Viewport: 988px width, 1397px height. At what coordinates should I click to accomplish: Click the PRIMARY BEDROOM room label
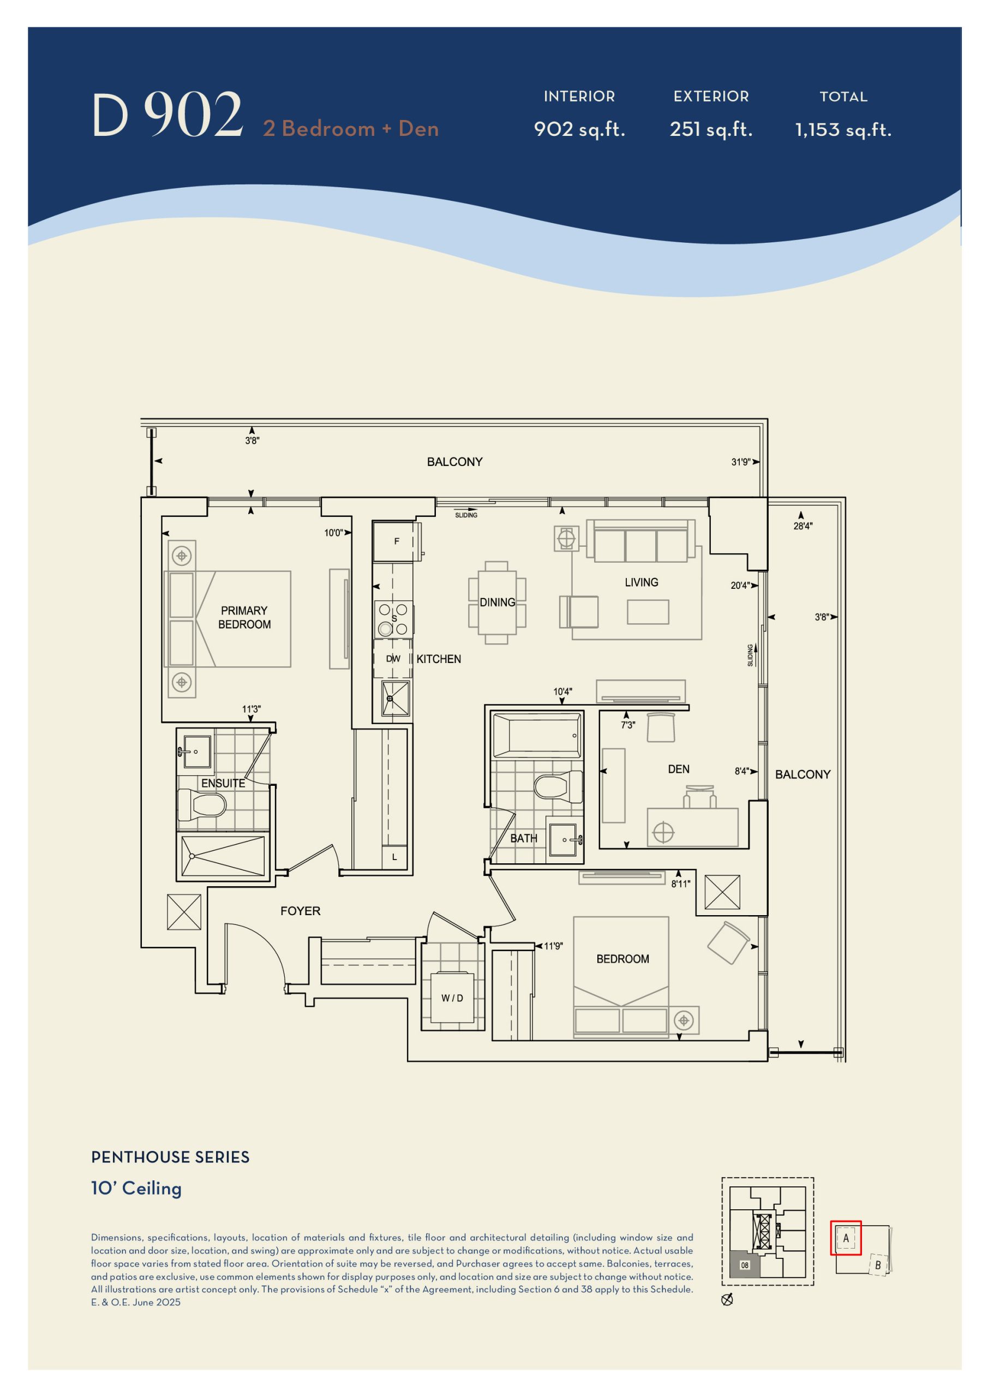coord(244,617)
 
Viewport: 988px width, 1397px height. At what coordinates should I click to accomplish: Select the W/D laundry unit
coord(452,998)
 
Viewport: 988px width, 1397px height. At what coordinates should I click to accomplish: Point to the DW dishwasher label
coord(393,658)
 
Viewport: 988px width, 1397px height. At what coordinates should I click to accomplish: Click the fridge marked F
coord(393,541)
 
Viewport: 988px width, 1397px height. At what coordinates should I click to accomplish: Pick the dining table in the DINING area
coord(497,602)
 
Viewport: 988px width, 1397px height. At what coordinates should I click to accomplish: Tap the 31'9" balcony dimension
coord(740,462)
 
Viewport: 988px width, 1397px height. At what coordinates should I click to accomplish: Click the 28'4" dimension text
coord(803,526)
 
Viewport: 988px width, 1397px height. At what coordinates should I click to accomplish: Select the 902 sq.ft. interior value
coord(579,129)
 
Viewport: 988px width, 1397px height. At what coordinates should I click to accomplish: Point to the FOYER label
coord(300,911)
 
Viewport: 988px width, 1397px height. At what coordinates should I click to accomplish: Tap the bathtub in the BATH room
coord(537,735)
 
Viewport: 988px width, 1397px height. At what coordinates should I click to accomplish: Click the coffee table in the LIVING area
coord(648,612)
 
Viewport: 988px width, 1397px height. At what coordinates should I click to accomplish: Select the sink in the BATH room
coord(565,840)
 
